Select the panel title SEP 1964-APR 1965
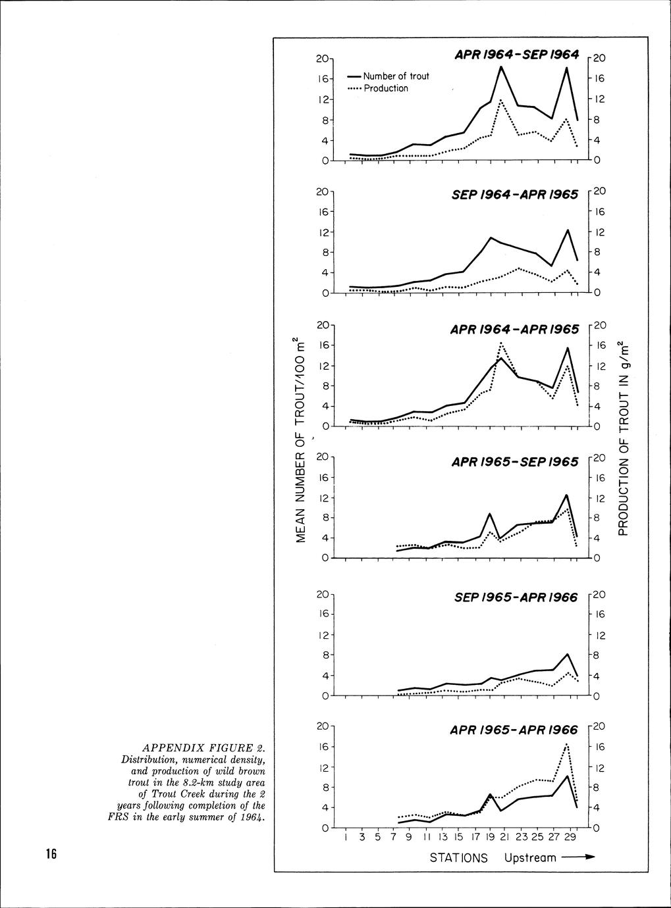pos(516,194)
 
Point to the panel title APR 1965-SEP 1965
pos(515,462)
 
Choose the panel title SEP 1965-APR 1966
pos(516,597)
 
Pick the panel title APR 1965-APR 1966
pos(515,730)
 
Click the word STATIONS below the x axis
pos(459,858)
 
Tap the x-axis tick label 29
pos(571,838)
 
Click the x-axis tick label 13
pos(443,838)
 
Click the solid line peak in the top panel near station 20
pos(501,66)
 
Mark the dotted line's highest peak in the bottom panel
pos(567,744)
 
